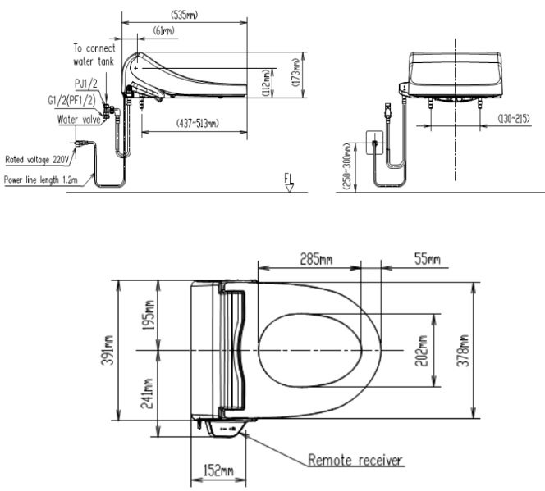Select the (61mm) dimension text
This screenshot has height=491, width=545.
pyautogui.click(x=164, y=31)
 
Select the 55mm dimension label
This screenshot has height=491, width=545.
pyautogui.click(x=426, y=260)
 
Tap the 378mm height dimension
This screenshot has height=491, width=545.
pyautogui.click(x=464, y=349)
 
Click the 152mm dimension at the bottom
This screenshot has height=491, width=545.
pyautogui.click(x=218, y=472)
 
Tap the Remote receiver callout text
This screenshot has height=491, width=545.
pyautogui.click(x=355, y=460)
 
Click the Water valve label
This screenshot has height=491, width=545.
pyautogui.click(x=79, y=120)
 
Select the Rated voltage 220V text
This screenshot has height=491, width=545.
pyautogui.click(x=37, y=160)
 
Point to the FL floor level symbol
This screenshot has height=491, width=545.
pyautogui.click(x=288, y=180)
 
